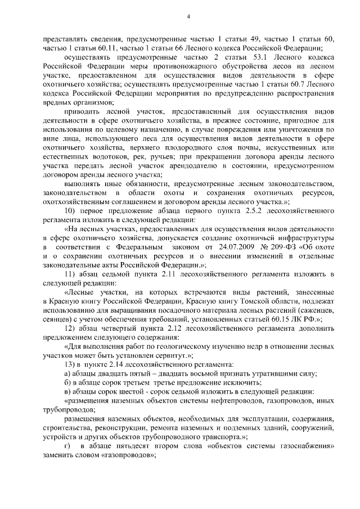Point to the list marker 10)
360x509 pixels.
pos(73,210)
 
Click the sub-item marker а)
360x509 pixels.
pos(67,373)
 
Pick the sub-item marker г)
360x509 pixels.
pos(67,446)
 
